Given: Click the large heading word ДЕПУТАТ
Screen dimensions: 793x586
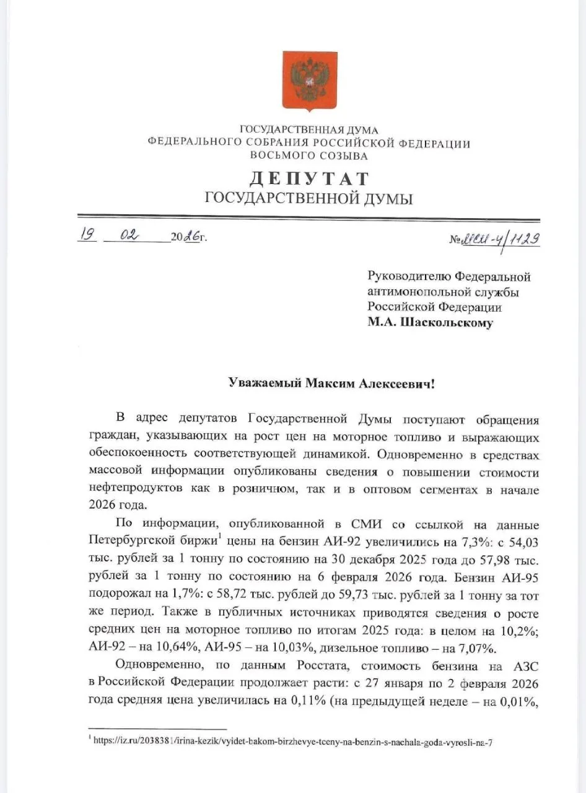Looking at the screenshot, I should point(309,179).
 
